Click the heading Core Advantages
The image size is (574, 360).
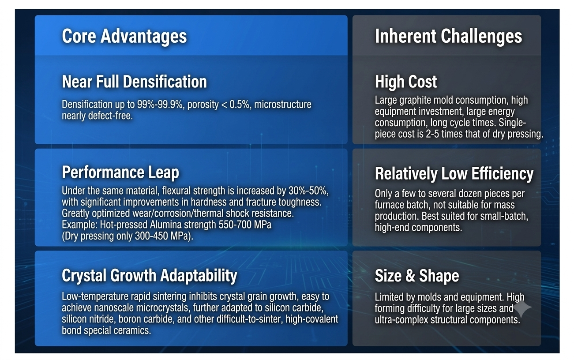coord(124,36)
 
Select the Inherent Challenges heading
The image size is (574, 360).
coord(448,36)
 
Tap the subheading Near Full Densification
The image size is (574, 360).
coord(134,82)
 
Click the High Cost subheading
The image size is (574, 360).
coord(406,82)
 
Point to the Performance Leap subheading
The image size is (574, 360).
coord(120,172)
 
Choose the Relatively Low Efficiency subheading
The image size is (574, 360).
coord(454,174)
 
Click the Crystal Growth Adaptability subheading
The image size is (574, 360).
coord(150,276)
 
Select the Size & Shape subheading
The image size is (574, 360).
coord(417,276)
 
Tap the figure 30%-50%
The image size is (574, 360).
coord(308,191)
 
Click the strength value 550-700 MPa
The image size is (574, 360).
coord(245,225)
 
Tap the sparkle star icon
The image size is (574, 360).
coord(522,307)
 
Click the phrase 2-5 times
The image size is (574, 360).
coord(444,134)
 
